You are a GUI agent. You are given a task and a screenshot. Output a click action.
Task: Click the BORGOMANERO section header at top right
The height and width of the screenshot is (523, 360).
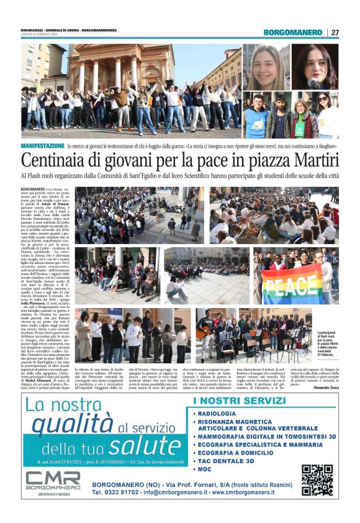pyautogui.click(x=292, y=32)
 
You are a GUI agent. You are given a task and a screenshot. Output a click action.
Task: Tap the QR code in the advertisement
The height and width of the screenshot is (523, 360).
pyautogui.click(x=317, y=480)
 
